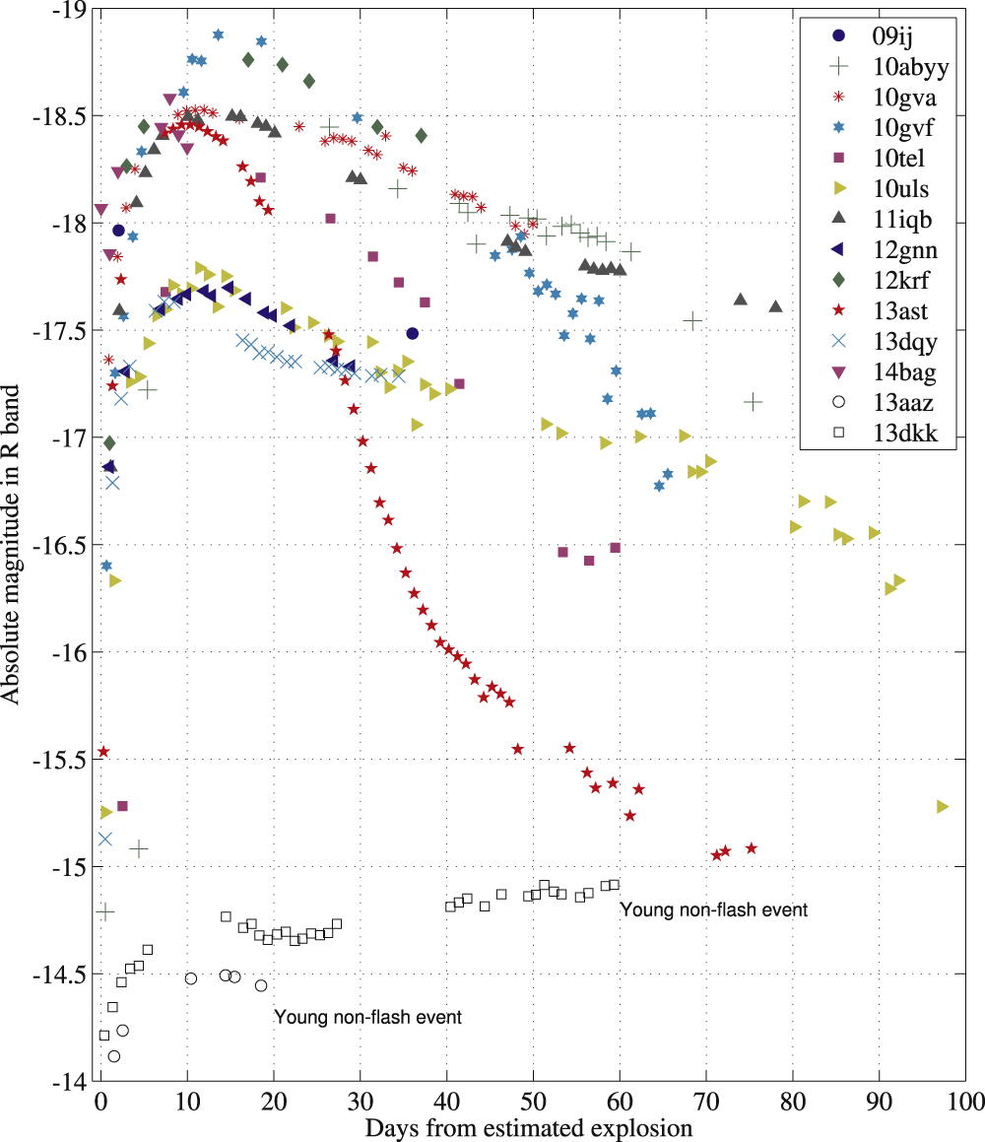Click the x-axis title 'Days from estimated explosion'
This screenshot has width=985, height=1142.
click(x=529, y=1126)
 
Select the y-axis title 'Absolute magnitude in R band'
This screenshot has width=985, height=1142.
click(x=12, y=544)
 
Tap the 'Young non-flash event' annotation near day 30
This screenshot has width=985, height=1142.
click(x=367, y=1017)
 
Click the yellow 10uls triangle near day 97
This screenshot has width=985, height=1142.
click(x=943, y=806)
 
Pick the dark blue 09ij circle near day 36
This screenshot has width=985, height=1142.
click(x=412, y=333)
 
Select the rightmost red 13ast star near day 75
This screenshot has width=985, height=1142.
click(x=752, y=847)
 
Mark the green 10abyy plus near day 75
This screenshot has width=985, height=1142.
click(x=754, y=401)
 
